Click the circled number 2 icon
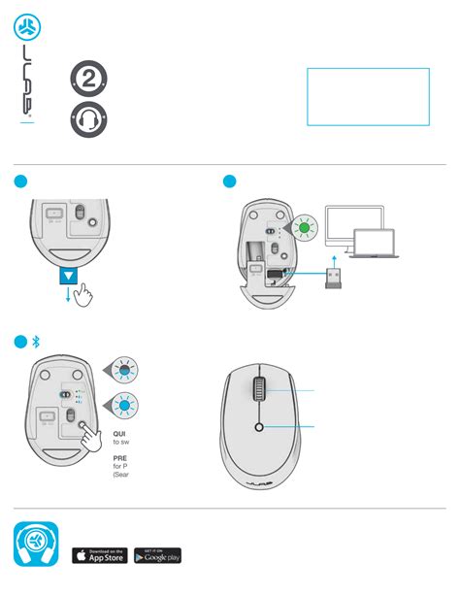(x=88, y=82)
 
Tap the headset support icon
(x=88, y=120)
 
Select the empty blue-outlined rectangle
(x=368, y=96)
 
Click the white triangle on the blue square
(x=68, y=276)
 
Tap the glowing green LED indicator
(x=303, y=230)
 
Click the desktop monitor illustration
(x=355, y=225)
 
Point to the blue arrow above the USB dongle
(x=333, y=261)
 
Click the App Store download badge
(x=100, y=555)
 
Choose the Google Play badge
(x=157, y=555)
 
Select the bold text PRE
(x=121, y=459)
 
